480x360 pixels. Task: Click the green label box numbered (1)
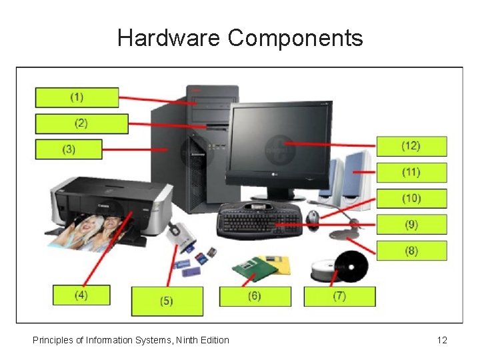pos(77,97)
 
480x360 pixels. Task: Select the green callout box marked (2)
pos(81,123)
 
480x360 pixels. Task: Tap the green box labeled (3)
pos(69,149)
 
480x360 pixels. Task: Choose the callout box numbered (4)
pos(81,295)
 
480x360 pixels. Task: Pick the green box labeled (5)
pos(167,301)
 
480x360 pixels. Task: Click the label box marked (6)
pos(255,296)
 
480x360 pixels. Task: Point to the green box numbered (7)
pos(339,296)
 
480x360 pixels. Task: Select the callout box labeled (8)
pos(411,251)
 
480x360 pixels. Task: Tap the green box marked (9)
pos(411,225)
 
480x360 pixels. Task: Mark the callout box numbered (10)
pos(411,199)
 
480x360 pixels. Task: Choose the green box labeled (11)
pos(411,172)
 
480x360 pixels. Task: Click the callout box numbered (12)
pos(411,146)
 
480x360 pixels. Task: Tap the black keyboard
pos(259,219)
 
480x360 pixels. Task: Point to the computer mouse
pos(313,216)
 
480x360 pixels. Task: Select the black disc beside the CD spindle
pos(351,267)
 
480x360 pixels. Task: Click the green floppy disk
pos(253,269)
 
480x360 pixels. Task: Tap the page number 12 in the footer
pos(442,341)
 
